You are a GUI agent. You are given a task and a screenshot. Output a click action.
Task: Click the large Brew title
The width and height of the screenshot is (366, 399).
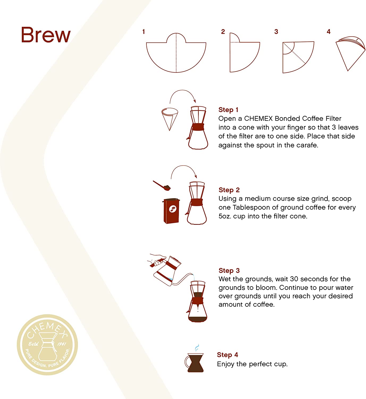coord(46,35)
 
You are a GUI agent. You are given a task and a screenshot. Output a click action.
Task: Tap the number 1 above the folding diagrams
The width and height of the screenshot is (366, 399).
coord(144,32)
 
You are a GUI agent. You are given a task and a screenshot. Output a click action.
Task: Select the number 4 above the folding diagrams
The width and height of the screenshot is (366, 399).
coord(329,32)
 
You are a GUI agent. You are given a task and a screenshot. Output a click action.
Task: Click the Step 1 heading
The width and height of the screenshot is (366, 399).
coord(228,110)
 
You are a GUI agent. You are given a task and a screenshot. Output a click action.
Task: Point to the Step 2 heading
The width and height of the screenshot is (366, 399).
coord(229,190)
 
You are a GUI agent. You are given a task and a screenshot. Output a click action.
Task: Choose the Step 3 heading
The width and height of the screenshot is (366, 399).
coord(229,270)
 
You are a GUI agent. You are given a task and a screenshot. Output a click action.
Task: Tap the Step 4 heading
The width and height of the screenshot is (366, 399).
coord(228,355)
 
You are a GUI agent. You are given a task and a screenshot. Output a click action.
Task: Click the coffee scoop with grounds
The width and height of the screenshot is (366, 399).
coord(162,186)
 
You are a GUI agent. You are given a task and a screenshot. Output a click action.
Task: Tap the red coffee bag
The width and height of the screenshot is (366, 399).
coord(171,211)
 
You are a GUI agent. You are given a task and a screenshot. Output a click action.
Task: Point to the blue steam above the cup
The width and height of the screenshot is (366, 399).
coord(197,348)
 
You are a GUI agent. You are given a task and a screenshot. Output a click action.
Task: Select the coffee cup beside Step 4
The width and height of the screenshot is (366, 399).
coord(194,363)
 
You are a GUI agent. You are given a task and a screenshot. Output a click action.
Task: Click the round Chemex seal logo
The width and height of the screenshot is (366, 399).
coord(47,345)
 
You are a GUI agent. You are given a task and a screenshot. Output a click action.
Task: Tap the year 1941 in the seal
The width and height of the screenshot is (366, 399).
coord(62,344)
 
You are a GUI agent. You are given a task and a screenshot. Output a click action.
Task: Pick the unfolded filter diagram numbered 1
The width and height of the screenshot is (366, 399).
coord(176,53)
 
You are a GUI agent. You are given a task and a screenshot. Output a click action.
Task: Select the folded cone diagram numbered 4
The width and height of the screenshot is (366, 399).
coord(350,53)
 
